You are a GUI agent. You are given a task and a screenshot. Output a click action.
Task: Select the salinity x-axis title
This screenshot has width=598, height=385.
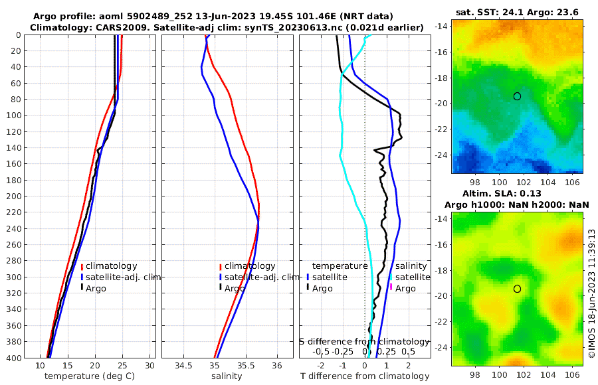(227, 376)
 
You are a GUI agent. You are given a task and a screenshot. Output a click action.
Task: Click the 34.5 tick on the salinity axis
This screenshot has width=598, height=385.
(183, 365)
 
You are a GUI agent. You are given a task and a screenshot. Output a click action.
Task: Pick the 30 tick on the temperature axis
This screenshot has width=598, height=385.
(150, 365)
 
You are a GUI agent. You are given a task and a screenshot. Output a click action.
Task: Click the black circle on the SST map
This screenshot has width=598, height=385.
(517, 96)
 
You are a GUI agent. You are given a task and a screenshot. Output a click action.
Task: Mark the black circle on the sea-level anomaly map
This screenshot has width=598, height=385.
(517, 289)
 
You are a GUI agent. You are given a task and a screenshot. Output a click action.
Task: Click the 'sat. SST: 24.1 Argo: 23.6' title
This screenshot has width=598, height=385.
(518, 12)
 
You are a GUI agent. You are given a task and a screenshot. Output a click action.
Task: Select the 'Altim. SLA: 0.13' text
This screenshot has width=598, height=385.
(518, 193)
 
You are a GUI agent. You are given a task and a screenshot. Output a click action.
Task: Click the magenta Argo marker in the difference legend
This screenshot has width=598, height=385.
(392, 288)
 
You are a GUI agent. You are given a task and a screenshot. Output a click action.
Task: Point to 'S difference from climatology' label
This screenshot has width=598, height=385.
(365, 341)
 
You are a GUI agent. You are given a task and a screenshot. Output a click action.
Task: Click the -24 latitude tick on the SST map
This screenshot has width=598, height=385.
(441, 155)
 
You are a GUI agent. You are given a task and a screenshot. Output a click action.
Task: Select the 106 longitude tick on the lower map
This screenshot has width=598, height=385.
(571, 374)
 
